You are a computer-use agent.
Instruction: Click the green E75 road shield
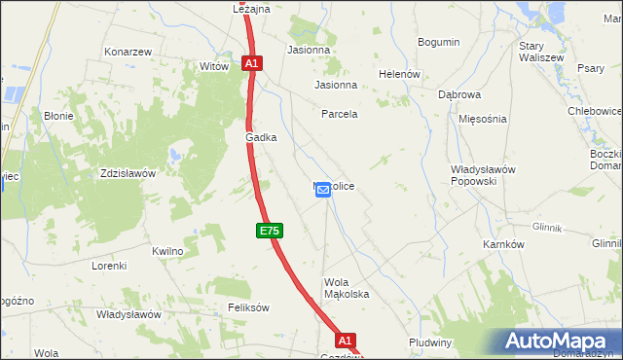271,231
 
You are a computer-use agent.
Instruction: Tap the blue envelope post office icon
323,192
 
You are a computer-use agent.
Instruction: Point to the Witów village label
213,66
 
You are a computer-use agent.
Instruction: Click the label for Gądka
261,138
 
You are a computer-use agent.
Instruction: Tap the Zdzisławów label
128,173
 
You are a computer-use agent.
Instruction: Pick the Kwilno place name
167,251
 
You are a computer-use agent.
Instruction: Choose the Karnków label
504,244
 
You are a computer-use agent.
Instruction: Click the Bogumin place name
438,42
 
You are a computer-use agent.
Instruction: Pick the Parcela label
340,114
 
